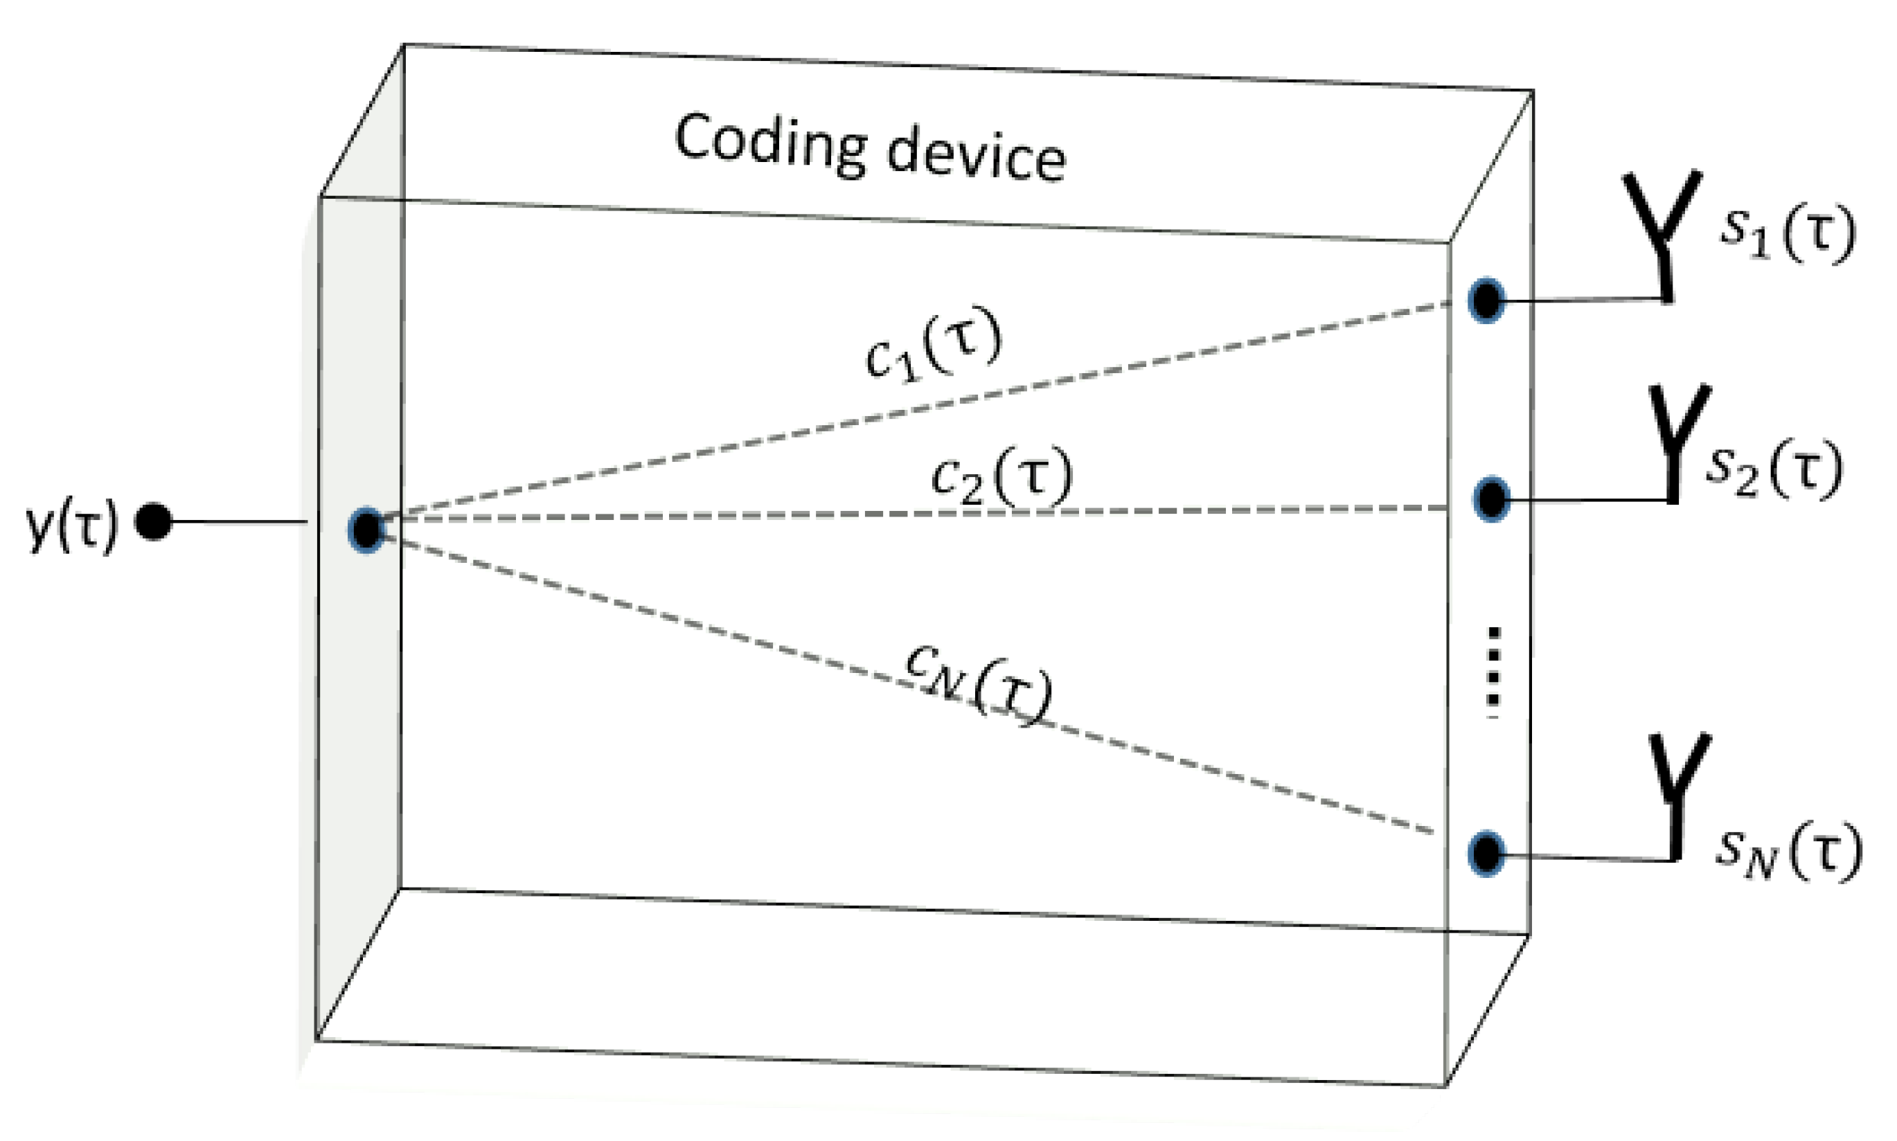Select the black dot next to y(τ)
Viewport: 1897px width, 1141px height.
click(153, 522)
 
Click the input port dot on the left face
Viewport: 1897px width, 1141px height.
click(366, 529)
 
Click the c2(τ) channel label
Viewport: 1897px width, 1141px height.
click(1000, 477)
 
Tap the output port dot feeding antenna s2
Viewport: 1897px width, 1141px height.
click(1492, 500)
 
